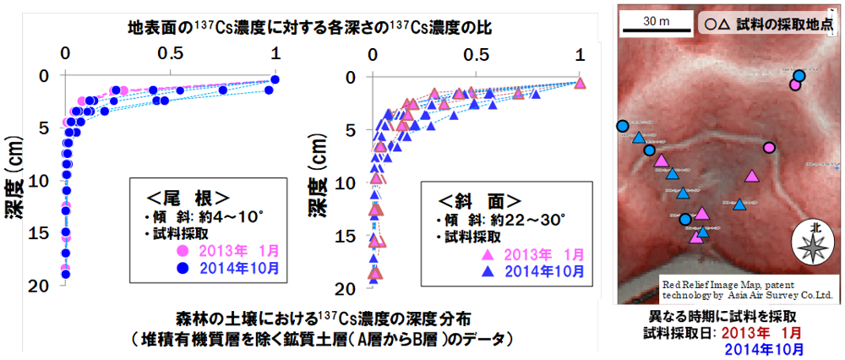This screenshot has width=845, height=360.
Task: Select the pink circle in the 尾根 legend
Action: tap(183, 251)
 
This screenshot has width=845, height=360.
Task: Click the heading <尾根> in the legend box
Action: tap(188, 198)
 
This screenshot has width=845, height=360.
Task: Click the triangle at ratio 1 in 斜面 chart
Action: tap(580, 83)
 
